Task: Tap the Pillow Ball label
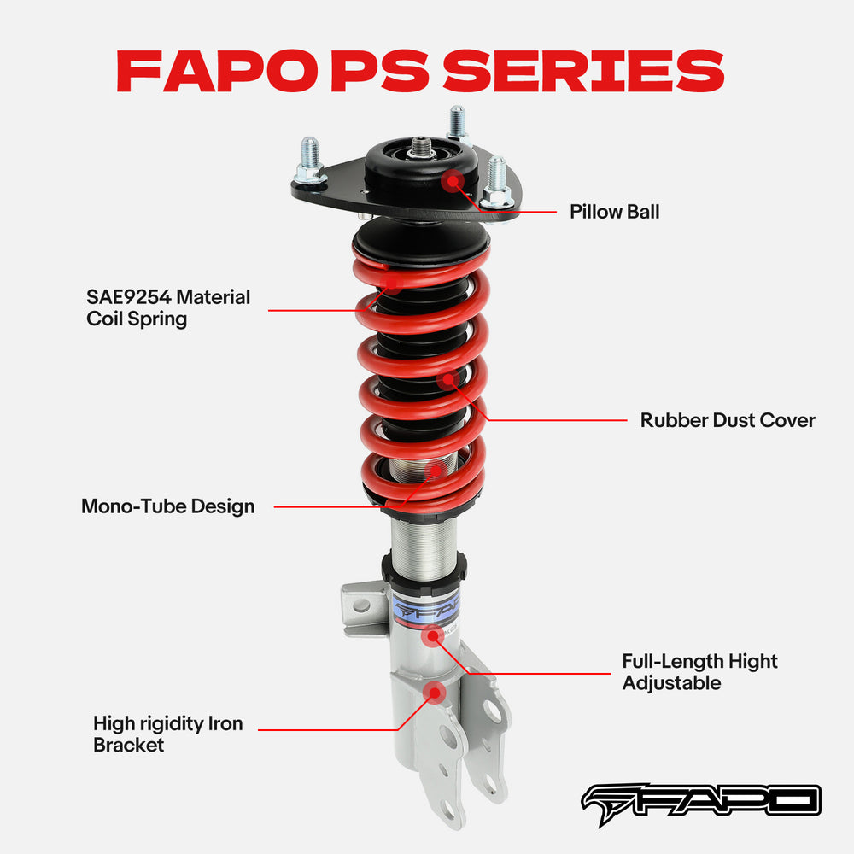tap(614, 211)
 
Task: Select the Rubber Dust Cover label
tap(728, 420)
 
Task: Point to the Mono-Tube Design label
tap(167, 506)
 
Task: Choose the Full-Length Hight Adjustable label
tap(699, 672)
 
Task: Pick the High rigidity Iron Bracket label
tap(167, 734)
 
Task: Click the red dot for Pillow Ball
tap(453, 180)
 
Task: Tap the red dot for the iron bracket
tap(435, 691)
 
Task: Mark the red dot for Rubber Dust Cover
tap(447, 380)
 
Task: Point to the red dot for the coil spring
tap(392, 281)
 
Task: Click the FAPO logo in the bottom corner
tap(700, 800)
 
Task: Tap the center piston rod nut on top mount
tap(420, 148)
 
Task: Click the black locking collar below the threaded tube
tap(424, 566)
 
